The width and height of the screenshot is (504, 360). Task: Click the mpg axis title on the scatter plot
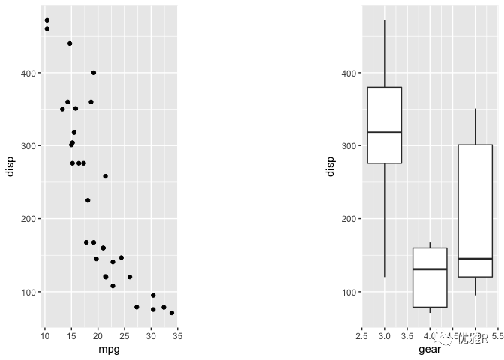tap(109, 349)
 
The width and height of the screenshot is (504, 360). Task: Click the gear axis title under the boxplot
tap(430, 349)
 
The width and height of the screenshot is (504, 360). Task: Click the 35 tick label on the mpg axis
tap(177, 334)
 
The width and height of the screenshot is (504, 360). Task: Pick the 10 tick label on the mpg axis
tap(44, 334)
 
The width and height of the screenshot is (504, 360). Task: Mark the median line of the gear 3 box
tap(385, 133)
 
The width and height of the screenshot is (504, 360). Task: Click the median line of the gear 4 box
tap(430, 268)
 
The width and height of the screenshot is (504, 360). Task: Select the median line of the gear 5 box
tap(475, 259)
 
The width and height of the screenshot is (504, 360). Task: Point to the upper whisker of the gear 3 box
tap(385, 52)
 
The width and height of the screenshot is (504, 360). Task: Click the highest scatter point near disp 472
tap(46, 20)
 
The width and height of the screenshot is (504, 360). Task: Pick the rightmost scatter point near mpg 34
tap(172, 313)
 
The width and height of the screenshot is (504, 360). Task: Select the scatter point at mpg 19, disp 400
tap(94, 73)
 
